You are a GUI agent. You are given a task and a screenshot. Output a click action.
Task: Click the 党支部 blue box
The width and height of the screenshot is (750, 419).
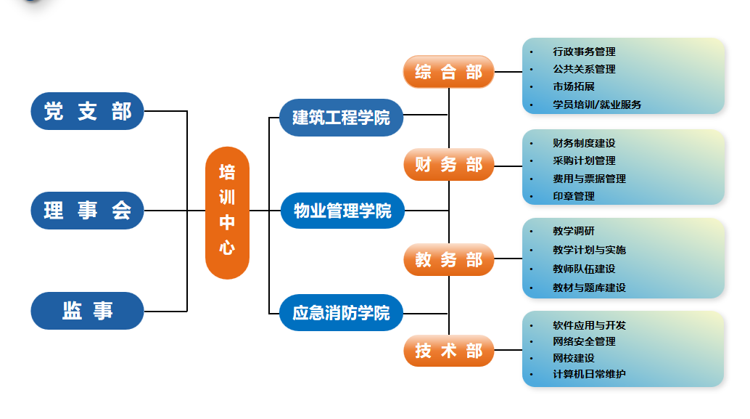pyautogui.click(x=87, y=111)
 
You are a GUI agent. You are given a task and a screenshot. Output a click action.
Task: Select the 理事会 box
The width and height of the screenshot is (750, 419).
pyautogui.click(x=87, y=211)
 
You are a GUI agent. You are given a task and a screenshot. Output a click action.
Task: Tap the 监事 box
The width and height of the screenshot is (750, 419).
pyautogui.click(x=87, y=311)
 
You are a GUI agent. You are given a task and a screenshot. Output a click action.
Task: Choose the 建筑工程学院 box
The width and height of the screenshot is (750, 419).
pyautogui.click(x=341, y=117)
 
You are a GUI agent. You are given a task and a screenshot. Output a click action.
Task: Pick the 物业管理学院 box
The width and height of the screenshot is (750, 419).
pyautogui.click(x=342, y=211)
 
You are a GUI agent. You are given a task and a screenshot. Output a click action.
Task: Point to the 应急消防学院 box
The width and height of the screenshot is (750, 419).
pyautogui.click(x=341, y=312)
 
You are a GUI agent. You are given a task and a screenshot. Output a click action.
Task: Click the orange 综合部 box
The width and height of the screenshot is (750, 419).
pyautogui.click(x=448, y=72)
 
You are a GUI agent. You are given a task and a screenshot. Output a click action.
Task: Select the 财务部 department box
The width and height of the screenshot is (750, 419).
pyautogui.click(x=448, y=165)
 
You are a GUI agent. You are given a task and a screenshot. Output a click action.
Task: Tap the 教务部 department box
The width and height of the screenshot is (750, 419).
pyautogui.click(x=448, y=260)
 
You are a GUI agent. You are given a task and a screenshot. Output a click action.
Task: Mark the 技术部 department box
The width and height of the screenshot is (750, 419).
pyautogui.click(x=448, y=351)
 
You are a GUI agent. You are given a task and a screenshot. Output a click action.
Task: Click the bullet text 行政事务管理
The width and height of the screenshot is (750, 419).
pyautogui.click(x=584, y=52)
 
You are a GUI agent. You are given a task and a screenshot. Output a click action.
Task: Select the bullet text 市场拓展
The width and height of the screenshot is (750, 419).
pyautogui.click(x=574, y=86)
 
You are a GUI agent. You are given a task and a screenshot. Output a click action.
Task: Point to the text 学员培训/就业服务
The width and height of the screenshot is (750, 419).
pyautogui.click(x=597, y=104)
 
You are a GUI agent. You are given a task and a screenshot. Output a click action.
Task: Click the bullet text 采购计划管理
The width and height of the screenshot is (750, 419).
pyautogui.click(x=584, y=160)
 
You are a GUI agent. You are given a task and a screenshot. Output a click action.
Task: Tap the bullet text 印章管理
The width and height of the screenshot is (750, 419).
pyautogui.click(x=574, y=196)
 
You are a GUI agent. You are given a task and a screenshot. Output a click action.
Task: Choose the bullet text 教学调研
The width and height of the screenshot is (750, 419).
pyautogui.click(x=574, y=231)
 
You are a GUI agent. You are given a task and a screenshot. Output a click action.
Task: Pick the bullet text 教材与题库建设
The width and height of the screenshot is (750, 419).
pyautogui.click(x=589, y=288)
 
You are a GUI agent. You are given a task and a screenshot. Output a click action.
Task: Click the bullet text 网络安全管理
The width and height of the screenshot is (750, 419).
pyautogui.click(x=584, y=341)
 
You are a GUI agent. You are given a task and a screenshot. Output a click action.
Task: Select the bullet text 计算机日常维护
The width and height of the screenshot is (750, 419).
pyautogui.click(x=589, y=374)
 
